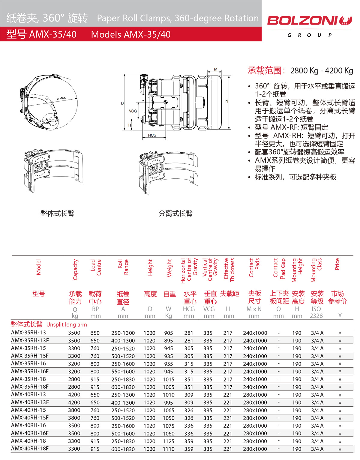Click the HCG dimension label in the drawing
click(x=152, y=135)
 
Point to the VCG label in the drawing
click(x=133, y=111)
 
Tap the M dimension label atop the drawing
click(x=216, y=69)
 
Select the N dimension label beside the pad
click(x=227, y=101)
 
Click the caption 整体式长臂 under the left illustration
click(x=57, y=213)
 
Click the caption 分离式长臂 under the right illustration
click(x=175, y=213)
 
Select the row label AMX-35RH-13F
click(x=30, y=340)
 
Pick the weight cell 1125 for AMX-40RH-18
click(x=169, y=441)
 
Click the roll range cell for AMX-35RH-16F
click(x=123, y=372)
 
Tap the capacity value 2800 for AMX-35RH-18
click(x=74, y=379)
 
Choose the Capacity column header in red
click(x=75, y=270)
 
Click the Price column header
click(x=337, y=264)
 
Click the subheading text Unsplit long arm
click(x=67, y=324)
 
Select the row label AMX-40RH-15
click(x=28, y=410)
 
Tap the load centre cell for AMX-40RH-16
click(x=95, y=426)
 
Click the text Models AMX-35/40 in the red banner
click(x=131, y=34)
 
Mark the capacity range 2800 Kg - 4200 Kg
click(x=322, y=71)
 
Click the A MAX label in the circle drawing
click(x=61, y=98)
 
